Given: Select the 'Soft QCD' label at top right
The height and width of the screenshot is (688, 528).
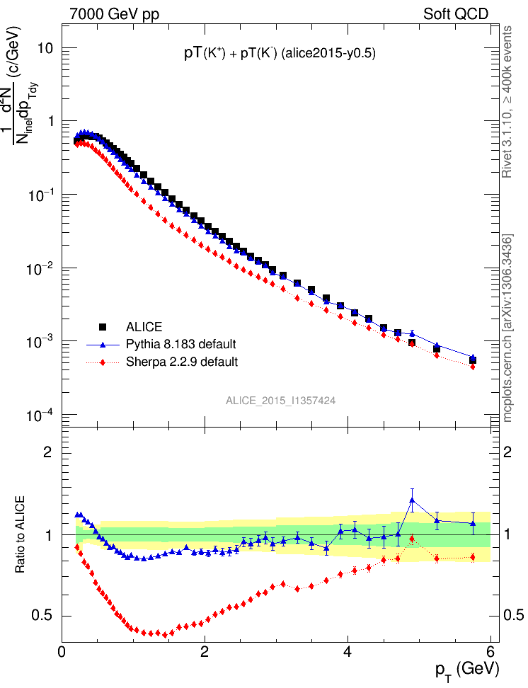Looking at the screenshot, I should click(456, 14).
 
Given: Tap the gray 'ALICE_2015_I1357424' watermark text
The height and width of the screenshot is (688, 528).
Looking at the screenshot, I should click(280, 401).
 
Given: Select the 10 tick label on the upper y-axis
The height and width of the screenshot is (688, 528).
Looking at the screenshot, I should click(46, 48).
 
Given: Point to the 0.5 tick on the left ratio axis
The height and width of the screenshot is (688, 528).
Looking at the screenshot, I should click(45, 615).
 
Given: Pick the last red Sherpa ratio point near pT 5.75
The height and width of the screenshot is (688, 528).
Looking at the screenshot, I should click(473, 557).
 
